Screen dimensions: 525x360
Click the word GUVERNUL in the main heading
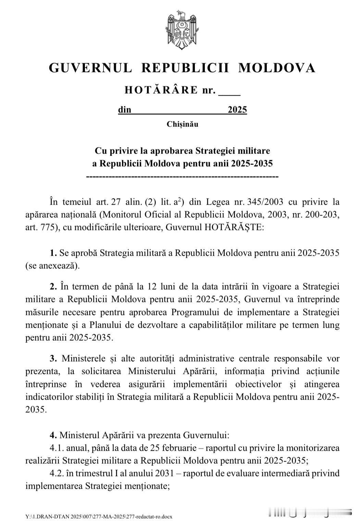coord(90,68)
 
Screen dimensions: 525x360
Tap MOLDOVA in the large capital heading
coord(276,68)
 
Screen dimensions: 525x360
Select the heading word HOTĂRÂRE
coord(161,90)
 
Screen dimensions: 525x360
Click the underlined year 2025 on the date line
coord(237,110)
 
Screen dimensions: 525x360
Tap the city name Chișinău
coord(182,124)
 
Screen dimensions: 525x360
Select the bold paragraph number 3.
coord(53,358)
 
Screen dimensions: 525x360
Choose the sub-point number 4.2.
coord(57,473)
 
